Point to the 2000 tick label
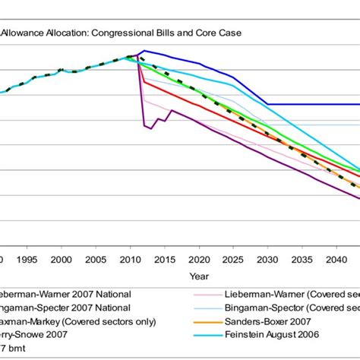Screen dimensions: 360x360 pyautogui.click(x=62, y=259)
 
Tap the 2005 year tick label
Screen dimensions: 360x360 pyautogui.click(x=96, y=259)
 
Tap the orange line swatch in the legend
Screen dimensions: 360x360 pyautogui.click(x=200, y=321)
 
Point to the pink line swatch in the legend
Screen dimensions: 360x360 pyautogui.click(x=200, y=294)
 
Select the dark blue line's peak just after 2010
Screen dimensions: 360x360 pyautogui.click(x=144, y=51)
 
